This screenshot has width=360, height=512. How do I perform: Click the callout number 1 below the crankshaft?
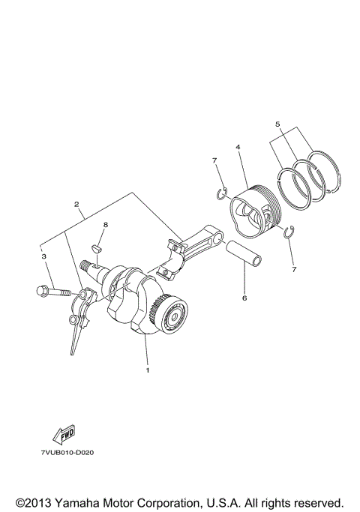[x=148, y=370]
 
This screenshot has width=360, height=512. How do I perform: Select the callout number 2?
[x=76, y=204]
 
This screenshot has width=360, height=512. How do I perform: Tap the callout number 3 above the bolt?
[x=44, y=256]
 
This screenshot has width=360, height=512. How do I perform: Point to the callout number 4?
[x=237, y=148]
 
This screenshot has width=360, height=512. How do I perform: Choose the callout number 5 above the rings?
[x=277, y=124]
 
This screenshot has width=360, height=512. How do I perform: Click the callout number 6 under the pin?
[x=244, y=298]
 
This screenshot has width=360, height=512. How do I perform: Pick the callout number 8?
[x=106, y=224]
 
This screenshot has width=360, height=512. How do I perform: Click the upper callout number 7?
[x=214, y=161]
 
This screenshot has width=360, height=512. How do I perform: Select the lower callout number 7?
[x=294, y=268]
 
